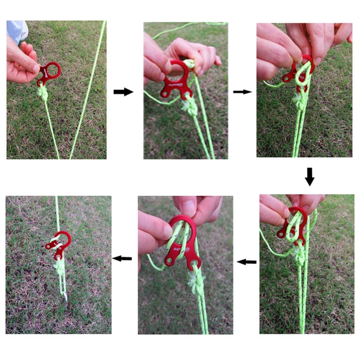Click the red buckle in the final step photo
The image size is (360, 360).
pyautogui.click(x=60, y=242)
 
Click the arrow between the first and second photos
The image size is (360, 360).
pyautogui.click(x=123, y=92)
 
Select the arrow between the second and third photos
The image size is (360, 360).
pyautogui.click(x=242, y=91)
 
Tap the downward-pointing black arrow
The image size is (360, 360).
pyautogui.click(x=309, y=176)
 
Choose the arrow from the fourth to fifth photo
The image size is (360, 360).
pyautogui.click(x=246, y=262)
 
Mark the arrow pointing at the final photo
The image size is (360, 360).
pyautogui.click(x=122, y=258)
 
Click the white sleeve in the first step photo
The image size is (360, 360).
pyautogui.click(x=17, y=31)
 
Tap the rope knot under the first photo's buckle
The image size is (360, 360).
pyautogui.click(x=43, y=93)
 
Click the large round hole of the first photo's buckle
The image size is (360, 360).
pyautogui.click(x=53, y=70)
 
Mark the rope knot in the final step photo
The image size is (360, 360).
pyautogui.click(x=58, y=265)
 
